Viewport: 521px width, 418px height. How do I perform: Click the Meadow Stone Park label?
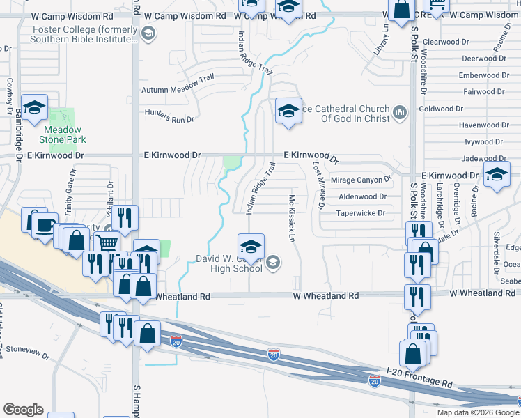63,134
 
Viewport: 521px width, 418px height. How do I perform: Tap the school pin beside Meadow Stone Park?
34,108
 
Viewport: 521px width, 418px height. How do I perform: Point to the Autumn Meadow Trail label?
178,84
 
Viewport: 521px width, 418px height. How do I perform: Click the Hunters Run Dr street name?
169,116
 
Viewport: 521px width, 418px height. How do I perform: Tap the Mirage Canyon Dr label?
357,180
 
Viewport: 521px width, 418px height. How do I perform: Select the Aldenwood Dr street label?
362,197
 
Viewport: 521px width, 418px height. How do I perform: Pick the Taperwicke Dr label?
361,213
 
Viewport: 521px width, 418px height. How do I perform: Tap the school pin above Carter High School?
251,246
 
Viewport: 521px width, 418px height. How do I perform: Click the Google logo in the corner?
23,410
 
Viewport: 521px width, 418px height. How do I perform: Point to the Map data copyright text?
478,412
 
